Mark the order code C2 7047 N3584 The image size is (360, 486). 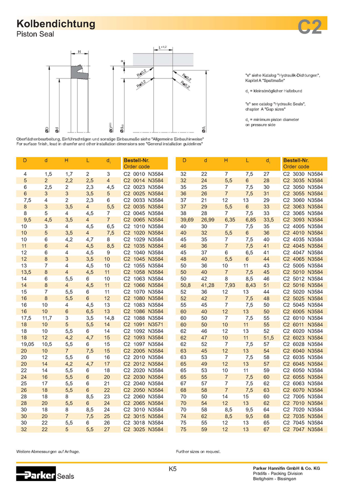pos(302,428)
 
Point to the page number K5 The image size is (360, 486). pos(172,469)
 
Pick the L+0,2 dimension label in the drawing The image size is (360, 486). pos(163,47)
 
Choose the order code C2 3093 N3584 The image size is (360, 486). pos(302,219)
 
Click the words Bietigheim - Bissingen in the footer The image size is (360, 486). pos(274,478)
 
